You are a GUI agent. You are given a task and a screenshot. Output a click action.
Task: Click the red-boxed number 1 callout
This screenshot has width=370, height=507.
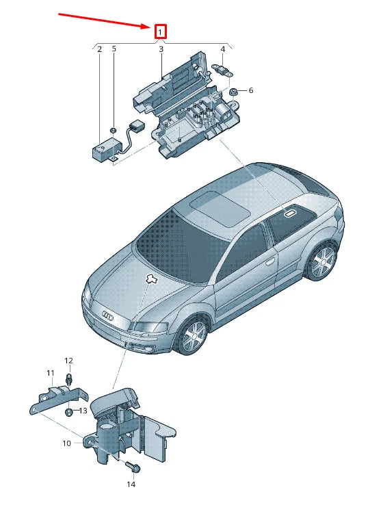[x=160, y=31]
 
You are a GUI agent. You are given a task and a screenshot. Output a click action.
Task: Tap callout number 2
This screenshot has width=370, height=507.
[x=100, y=49]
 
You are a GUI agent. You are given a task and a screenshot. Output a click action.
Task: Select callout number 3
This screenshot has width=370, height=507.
[x=161, y=49]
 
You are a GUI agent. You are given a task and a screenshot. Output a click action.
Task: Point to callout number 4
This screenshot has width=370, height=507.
[x=223, y=49]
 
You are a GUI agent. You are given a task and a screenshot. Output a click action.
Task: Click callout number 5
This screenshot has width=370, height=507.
[x=114, y=49]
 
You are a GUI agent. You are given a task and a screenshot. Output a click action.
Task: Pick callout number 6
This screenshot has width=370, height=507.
[x=251, y=90]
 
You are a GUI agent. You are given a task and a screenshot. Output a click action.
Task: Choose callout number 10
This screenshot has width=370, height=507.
[x=66, y=443]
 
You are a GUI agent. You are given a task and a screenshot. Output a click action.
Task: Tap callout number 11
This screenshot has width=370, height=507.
[x=50, y=373]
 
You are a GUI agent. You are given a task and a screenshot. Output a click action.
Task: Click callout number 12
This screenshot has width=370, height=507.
[x=68, y=361]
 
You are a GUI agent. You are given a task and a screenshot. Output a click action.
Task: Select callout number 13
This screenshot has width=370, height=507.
[x=83, y=411]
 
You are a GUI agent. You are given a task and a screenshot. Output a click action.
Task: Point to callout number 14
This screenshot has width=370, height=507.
[x=131, y=484]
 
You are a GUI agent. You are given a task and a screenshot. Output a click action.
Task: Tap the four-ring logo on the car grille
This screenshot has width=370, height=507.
[x=107, y=315]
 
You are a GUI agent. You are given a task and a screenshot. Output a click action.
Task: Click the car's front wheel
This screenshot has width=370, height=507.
[x=194, y=335]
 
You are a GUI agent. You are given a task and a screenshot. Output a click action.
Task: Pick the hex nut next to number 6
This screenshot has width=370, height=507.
[x=233, y=92]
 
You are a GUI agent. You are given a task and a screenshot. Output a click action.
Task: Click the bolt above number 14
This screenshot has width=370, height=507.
[x=133, y=466]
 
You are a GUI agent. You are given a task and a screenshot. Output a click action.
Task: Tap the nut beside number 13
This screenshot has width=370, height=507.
[x=69, y=412]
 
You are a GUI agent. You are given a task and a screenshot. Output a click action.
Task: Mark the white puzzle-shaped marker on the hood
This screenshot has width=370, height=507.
[x=150, y=278]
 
